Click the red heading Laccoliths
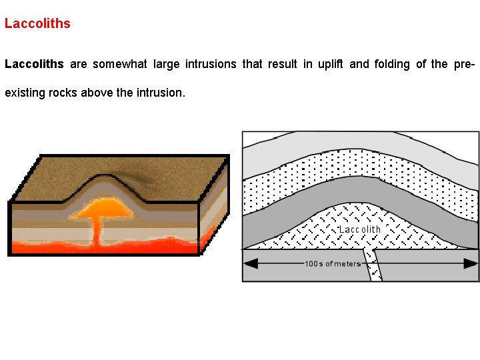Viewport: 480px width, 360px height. pos(37,23)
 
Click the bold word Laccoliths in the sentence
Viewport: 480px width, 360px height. pos(34,64)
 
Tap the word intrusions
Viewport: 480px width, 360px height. pos(211,64)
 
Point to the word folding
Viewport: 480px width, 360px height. pos(393,64)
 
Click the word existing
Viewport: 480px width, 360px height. pos(23,93)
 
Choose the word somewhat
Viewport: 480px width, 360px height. pos(120,64)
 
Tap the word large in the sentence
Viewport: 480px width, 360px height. pos(167,64)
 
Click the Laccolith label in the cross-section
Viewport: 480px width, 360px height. pos(360,229)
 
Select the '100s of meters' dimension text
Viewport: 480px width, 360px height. pos(333,263)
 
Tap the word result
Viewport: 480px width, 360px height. pos(283,64)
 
